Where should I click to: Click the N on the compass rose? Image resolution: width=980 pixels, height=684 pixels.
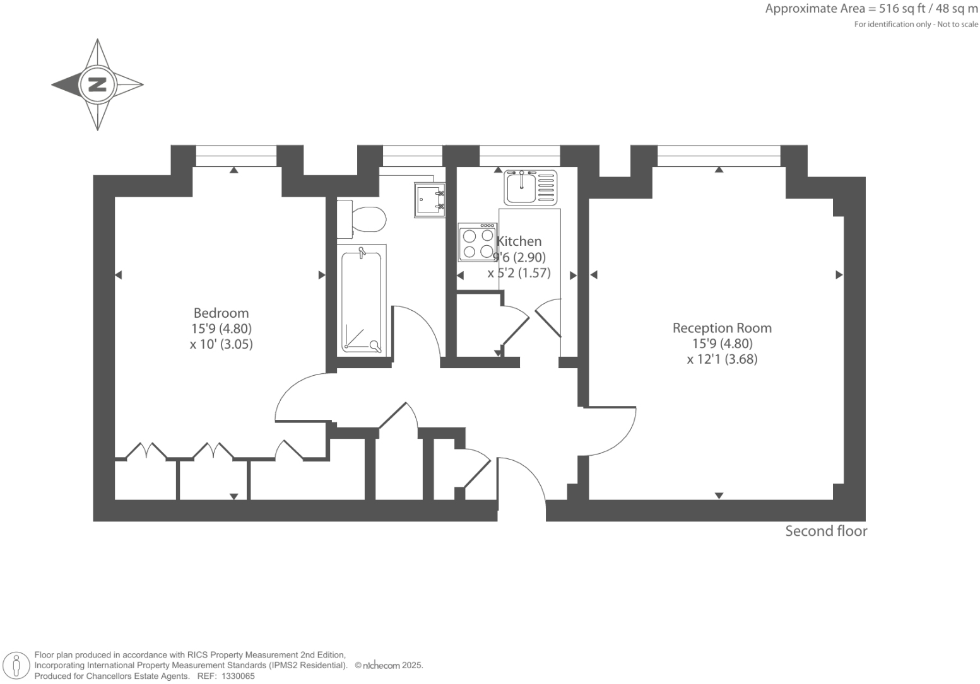pyautogui.click(x=97, y=84)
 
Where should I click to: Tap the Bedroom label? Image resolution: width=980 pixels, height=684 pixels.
pyautogui.click(x=221, y=313)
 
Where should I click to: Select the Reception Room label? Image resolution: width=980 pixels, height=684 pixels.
pyautogui.click(x=722, y=328)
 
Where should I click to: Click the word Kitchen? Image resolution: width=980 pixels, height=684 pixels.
pyautogui.click(x=519, y=241)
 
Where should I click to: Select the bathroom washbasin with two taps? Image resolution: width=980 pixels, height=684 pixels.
pyautogui.click(x=429, y=200)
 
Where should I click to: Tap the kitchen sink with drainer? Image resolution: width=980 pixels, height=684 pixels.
pyautogui.click(x=531, y=187)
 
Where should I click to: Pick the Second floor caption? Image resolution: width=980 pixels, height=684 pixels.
pyautogui.click(x=826, y=531)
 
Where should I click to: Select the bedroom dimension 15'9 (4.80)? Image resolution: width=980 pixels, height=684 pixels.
pyautogui.click(x=221, y=328)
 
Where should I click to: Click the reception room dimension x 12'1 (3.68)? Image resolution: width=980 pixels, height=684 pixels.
pyautogui.click(x=722, y=359)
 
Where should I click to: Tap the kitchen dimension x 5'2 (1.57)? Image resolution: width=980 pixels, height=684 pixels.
pyautogui.click(x=519, y=273)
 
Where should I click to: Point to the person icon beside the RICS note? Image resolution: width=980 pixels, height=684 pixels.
pyautogui.click(x=17, y=666)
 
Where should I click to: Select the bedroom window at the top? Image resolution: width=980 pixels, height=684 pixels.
pyautogui.click(x=236, y=155)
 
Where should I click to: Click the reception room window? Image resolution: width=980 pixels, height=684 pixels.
pyautogui.click(x=719, y=155)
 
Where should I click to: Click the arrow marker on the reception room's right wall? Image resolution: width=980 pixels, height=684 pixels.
pyautogui.click(x=839, y=275)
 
